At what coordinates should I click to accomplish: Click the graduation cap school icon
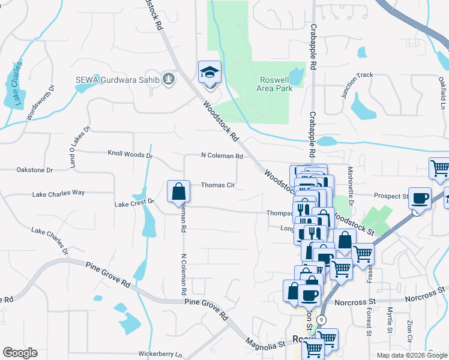[x=209, y=73]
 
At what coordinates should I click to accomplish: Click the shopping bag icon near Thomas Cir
[x=179, y=193]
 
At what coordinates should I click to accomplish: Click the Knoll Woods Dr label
[x=130, y=155]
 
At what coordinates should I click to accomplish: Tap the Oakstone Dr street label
[x=35, y=170]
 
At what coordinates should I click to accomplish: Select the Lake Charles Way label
[x=58, y=193]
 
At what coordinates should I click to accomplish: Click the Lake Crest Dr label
[x=134, y=204]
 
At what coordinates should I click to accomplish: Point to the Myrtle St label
[x=390, y=321]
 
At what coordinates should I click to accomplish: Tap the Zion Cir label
[x=411, y=330]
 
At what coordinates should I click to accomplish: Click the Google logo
[x=20, y=353]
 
